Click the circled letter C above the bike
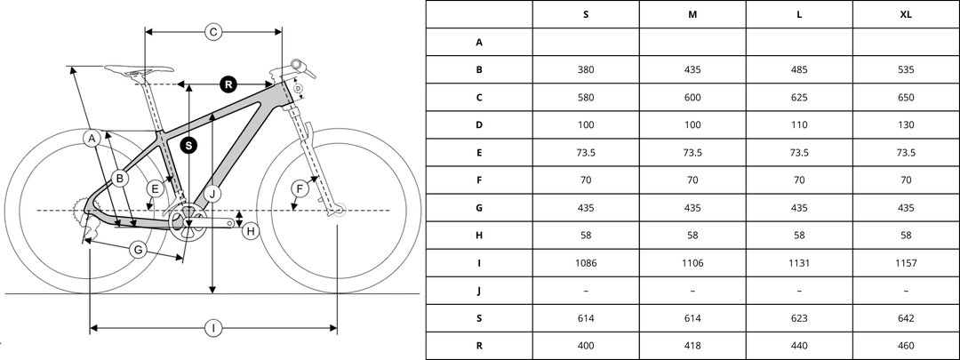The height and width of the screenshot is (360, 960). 213,32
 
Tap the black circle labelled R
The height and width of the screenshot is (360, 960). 228,85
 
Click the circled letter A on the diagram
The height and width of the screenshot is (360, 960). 91,138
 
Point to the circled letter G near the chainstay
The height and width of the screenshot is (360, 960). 138,250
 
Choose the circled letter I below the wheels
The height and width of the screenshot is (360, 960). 213,329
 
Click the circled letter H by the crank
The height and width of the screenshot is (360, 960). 251,231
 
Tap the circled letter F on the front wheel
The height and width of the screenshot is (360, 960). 300,188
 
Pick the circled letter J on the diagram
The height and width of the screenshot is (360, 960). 212,193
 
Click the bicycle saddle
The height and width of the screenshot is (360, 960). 138,69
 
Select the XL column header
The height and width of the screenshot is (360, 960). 906,14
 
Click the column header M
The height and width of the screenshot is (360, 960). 692,14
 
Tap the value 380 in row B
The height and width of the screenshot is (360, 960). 586,69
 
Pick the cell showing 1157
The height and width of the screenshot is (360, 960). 906,263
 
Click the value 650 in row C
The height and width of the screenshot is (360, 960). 906,97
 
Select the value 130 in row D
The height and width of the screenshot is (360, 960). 906,124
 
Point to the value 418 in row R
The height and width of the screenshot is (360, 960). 692,346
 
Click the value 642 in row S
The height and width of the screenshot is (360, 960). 906,318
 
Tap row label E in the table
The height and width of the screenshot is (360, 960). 479,152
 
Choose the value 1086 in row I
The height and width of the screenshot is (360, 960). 586,263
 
